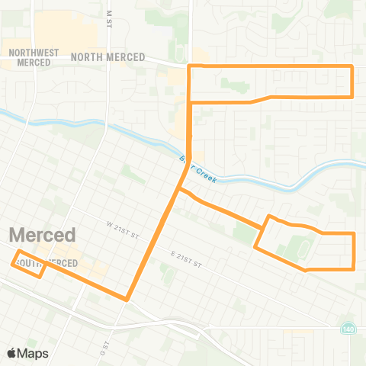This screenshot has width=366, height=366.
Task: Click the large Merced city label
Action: click(43, 234)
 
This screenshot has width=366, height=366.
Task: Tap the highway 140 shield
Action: click(348, 328)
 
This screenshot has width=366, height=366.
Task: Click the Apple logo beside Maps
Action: click(12, 353)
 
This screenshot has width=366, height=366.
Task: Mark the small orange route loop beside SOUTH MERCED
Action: click(29, 264)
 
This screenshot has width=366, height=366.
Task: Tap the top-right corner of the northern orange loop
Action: click(353, 67)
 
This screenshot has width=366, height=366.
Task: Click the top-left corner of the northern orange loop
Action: click(188, 67)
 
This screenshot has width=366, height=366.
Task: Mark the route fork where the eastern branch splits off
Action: click(179, 189)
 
